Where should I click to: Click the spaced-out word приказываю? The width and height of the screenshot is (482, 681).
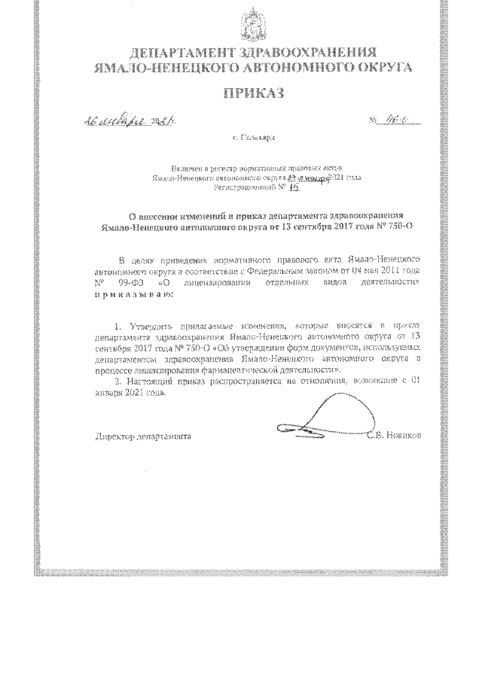point(133,295)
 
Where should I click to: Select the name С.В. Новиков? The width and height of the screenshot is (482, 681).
point(395,436)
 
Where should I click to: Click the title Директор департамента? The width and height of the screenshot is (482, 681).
point(143,436)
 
